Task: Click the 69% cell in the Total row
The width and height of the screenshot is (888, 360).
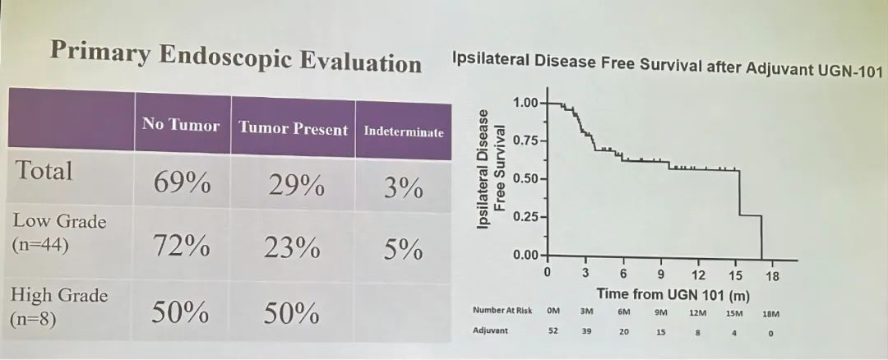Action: point(181,182)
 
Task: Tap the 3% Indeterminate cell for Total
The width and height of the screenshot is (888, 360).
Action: point(403,187)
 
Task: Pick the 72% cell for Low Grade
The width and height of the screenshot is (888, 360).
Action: point(181,246)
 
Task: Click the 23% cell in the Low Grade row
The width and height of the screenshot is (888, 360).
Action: point(292,247)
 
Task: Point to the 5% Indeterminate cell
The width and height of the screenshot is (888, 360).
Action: point(403,249)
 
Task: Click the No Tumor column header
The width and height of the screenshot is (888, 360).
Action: point(181,125)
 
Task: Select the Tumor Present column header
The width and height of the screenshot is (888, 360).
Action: point(294,128)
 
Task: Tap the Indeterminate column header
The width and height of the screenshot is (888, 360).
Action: point(403,132)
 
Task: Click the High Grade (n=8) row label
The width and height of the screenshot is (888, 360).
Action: point(59,307)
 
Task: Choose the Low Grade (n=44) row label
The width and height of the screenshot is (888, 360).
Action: point(59,233)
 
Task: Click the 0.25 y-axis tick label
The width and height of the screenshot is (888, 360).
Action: point(527,218)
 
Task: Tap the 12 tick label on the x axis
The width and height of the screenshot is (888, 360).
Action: point(699,275)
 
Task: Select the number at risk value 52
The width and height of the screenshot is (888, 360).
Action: point(553,331)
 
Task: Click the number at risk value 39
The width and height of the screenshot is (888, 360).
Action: point(586,331)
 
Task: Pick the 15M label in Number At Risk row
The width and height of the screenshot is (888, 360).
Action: point(734,312)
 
